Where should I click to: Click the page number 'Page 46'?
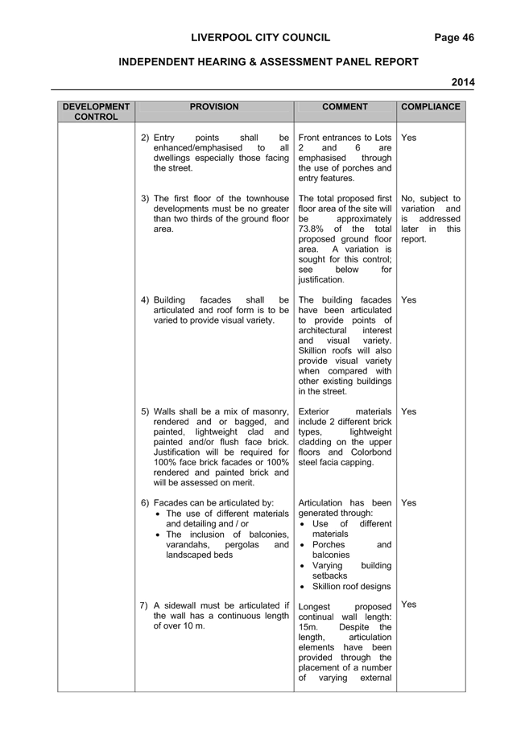[x=454, y=38]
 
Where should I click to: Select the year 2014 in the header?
[x=463, y=82]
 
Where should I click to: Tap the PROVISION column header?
[x=214, y=106]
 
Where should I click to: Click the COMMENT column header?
[x=345, y=106]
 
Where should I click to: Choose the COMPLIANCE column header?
[x=431, y=106]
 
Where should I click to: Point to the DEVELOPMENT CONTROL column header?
[x=96, y=112]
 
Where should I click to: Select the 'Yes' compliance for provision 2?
[x=408, y=138]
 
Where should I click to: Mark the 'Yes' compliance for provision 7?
[x=408, y=605]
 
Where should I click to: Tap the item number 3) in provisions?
[x=145, y=199]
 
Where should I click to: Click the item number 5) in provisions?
[x=145, y=412]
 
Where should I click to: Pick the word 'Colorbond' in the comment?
[x=371, y=452]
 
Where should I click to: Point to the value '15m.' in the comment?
[x=308, y=627]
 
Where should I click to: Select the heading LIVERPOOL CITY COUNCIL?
[x=261, y=38]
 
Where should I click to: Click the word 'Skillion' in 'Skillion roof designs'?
[x=328, y=587]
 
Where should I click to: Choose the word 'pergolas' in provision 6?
[x=242, y=545]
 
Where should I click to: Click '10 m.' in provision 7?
[x=194, y=626]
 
